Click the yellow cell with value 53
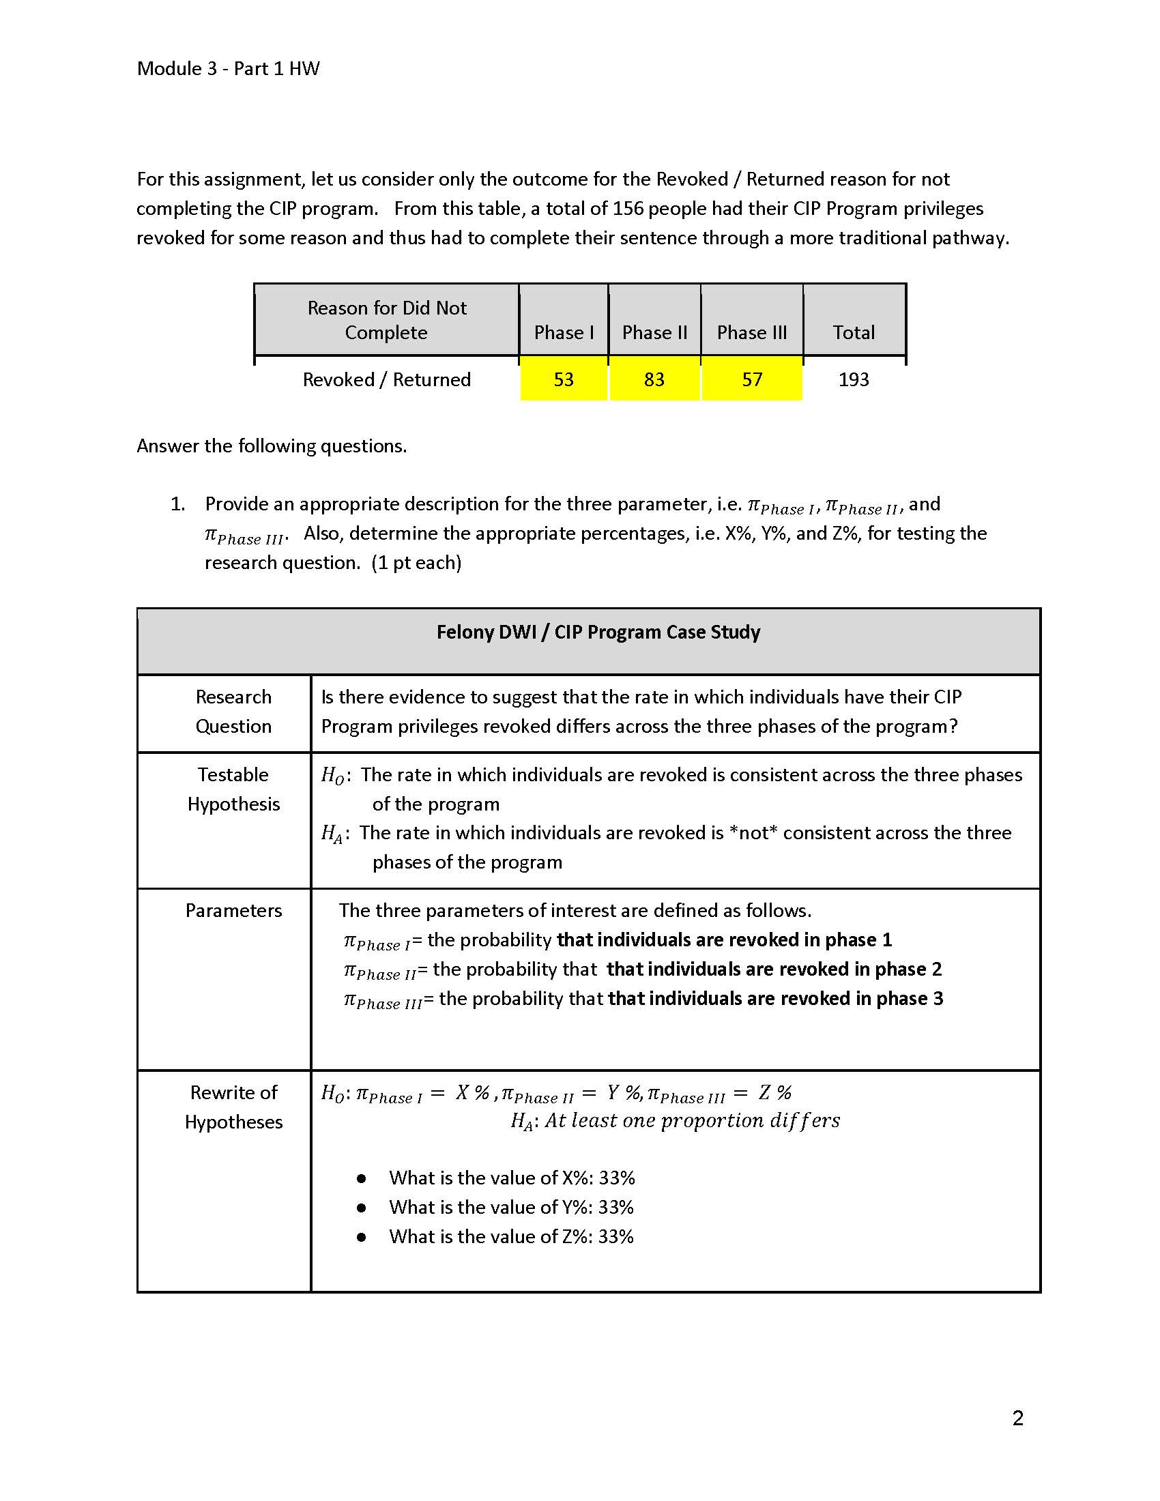564,379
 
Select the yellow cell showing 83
654,379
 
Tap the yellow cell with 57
752,379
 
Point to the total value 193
854,379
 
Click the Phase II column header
654,333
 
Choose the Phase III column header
752,333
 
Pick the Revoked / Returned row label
387,379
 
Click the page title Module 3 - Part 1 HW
228,69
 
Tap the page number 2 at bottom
1018,1418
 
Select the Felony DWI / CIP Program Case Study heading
598,632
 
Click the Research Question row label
233,712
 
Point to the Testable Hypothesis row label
233,789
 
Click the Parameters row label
233,911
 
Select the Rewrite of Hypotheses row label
233,1107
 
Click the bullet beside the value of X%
362,1179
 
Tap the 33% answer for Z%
615,1237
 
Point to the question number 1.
177,504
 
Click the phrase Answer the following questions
272,446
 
